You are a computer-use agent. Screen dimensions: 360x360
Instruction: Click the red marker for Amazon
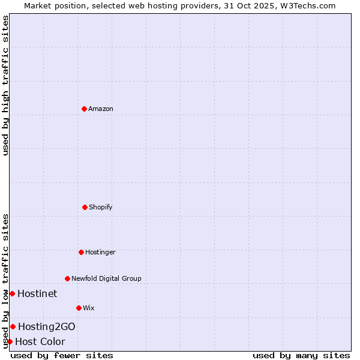coord(84,109)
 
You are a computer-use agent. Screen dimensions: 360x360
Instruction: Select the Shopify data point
coord(85,207)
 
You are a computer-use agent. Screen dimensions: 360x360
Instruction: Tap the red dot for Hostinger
coord(81,252)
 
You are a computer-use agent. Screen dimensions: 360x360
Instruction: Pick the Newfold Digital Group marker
coord(67,278)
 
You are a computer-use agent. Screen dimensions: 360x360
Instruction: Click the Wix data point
coord(79,308)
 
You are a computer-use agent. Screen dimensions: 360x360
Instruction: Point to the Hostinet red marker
coord(12,293)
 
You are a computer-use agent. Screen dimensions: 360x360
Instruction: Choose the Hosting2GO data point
coord(13,326)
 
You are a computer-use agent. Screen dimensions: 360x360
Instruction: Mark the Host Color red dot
coord(10,341)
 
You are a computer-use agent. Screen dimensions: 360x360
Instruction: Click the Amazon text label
coord(101,109)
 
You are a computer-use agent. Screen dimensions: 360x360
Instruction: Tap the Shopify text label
coord(101,207)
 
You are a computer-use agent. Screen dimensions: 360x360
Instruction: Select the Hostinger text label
coord(100,252)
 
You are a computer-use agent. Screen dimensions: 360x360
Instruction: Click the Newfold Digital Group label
coord(106,278)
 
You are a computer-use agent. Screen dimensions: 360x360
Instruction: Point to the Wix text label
coord(89,308)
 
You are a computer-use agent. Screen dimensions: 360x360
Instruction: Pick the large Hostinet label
coord(37,293)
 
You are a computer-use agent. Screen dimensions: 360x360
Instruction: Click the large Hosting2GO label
coord(47,326)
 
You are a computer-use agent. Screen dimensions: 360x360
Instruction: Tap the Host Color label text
coord(40,341)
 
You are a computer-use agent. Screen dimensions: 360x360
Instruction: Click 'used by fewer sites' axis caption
coord(62,355)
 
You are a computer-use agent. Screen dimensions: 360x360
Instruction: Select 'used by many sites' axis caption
coord(301,355)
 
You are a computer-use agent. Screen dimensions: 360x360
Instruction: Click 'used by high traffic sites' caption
coord(6,85)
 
